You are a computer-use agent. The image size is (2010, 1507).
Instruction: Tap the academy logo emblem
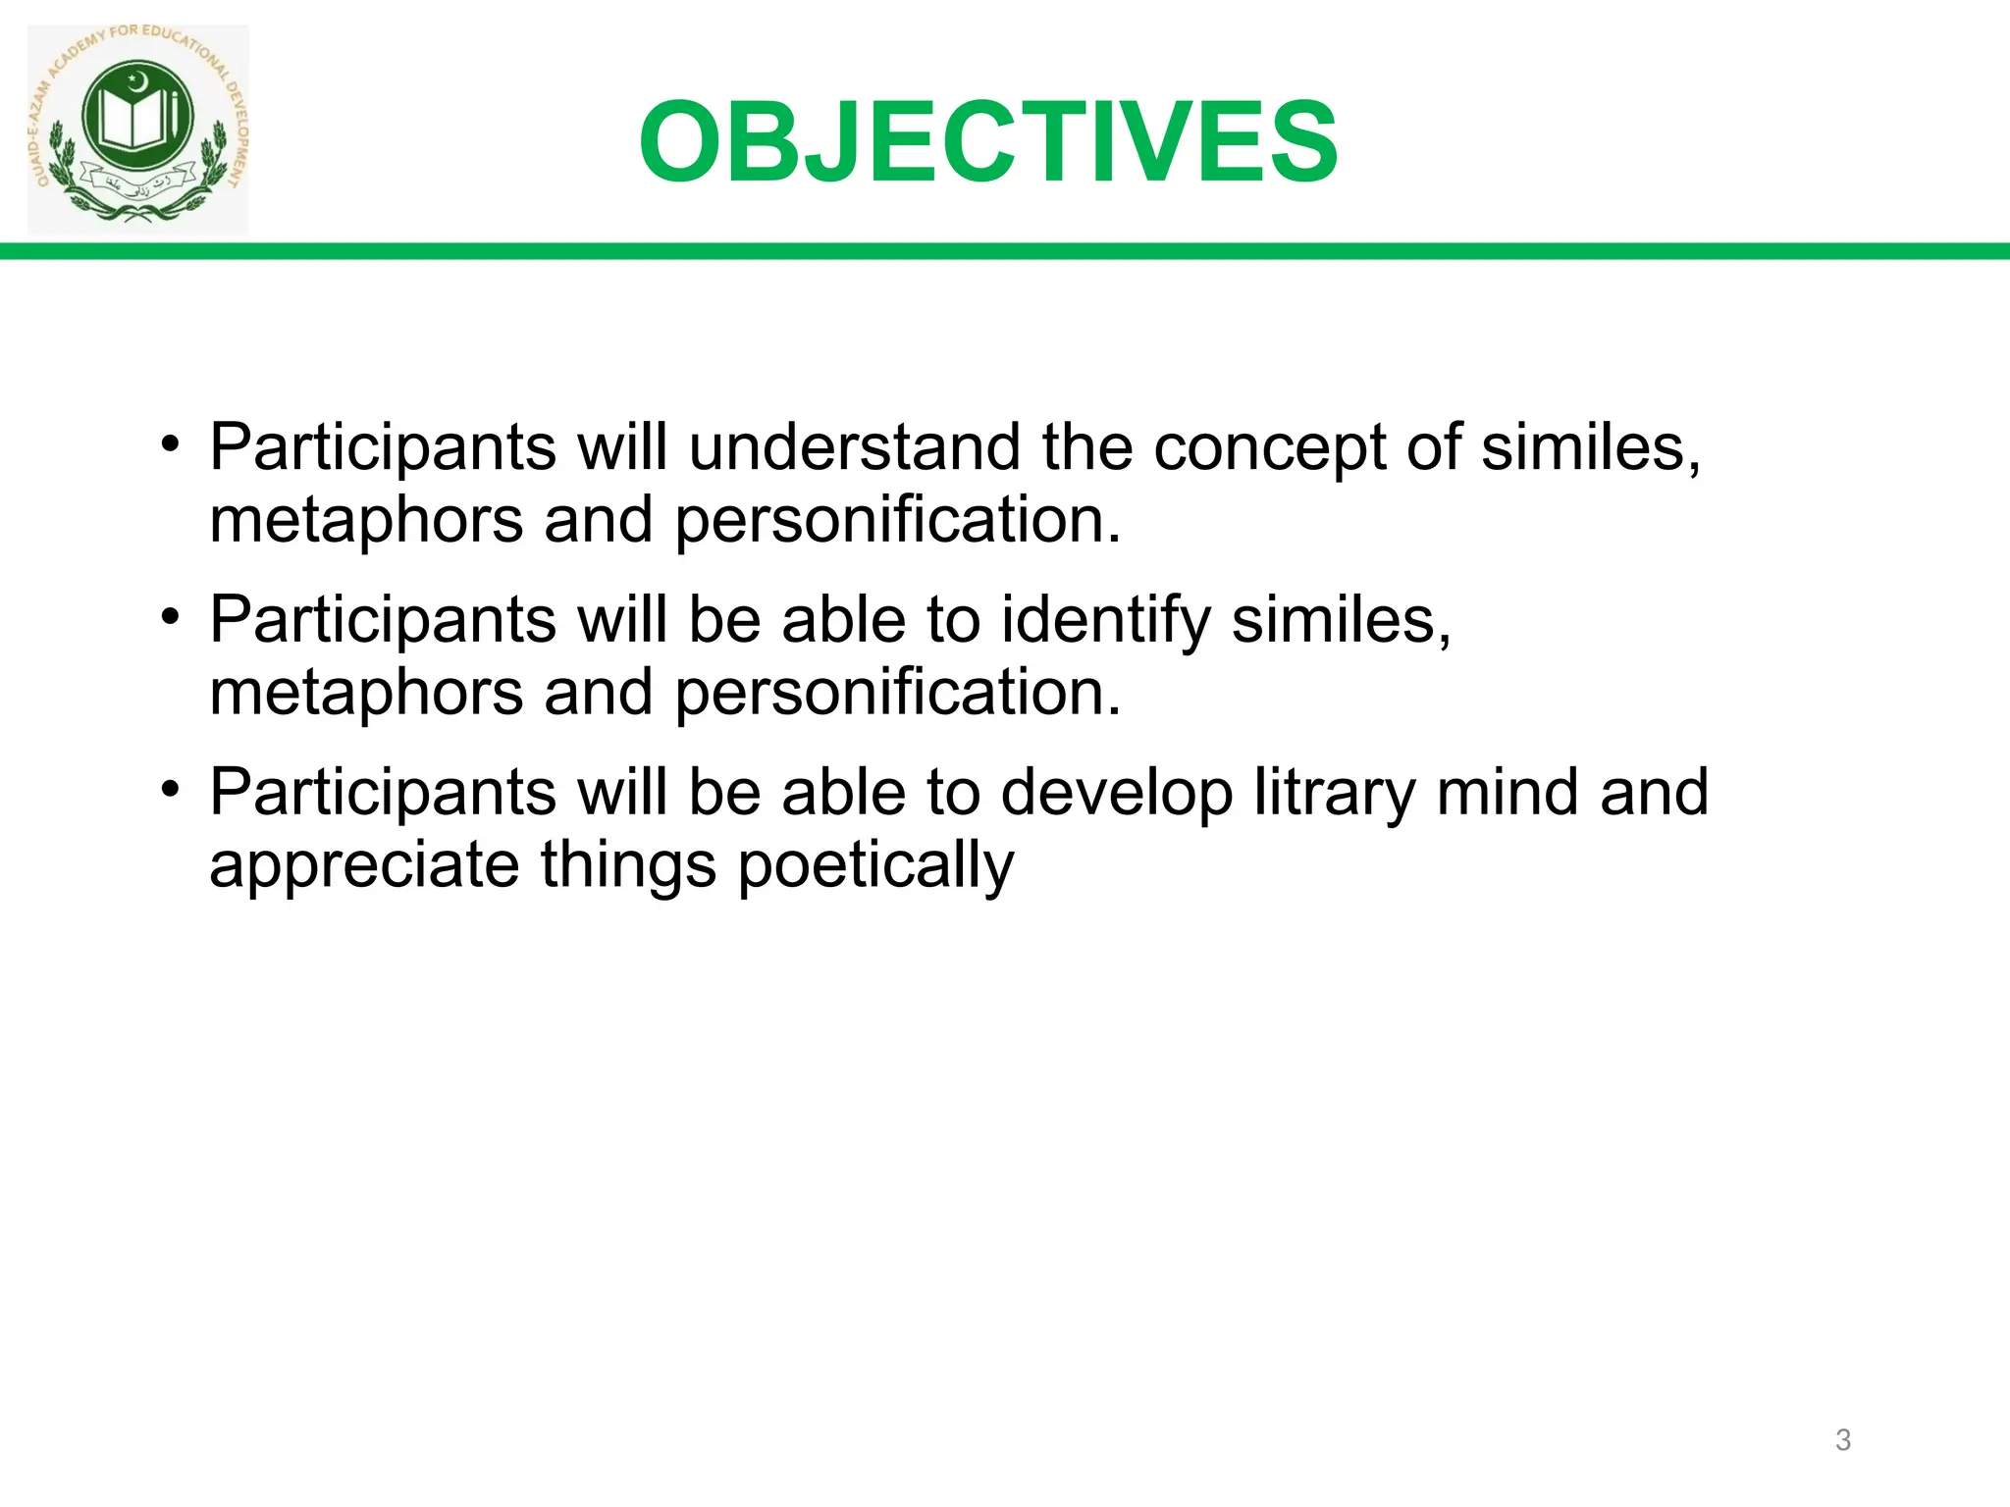tap(137, 128)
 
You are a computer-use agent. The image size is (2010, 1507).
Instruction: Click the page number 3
tap(1842, 1440)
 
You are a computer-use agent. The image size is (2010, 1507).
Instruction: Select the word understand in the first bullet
tap(854, 447)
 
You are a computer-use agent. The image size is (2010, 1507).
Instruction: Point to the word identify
tap(1105, 622)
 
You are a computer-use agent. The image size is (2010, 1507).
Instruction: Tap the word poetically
tap(875, 867)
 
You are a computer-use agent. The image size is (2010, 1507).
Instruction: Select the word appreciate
tap(364, 867)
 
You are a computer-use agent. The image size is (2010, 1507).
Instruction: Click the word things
tap(628, 867)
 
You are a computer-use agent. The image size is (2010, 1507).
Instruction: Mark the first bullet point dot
tap(171, 443)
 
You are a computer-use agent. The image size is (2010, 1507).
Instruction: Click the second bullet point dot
tap(171, 616)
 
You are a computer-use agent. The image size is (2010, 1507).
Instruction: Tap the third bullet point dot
tap(171, 789)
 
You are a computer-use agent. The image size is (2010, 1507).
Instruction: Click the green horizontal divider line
tap(1005, 251)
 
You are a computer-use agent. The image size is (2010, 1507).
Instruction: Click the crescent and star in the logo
tap(136, 78)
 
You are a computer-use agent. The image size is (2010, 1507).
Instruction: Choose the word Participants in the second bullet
tap(383, 622)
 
